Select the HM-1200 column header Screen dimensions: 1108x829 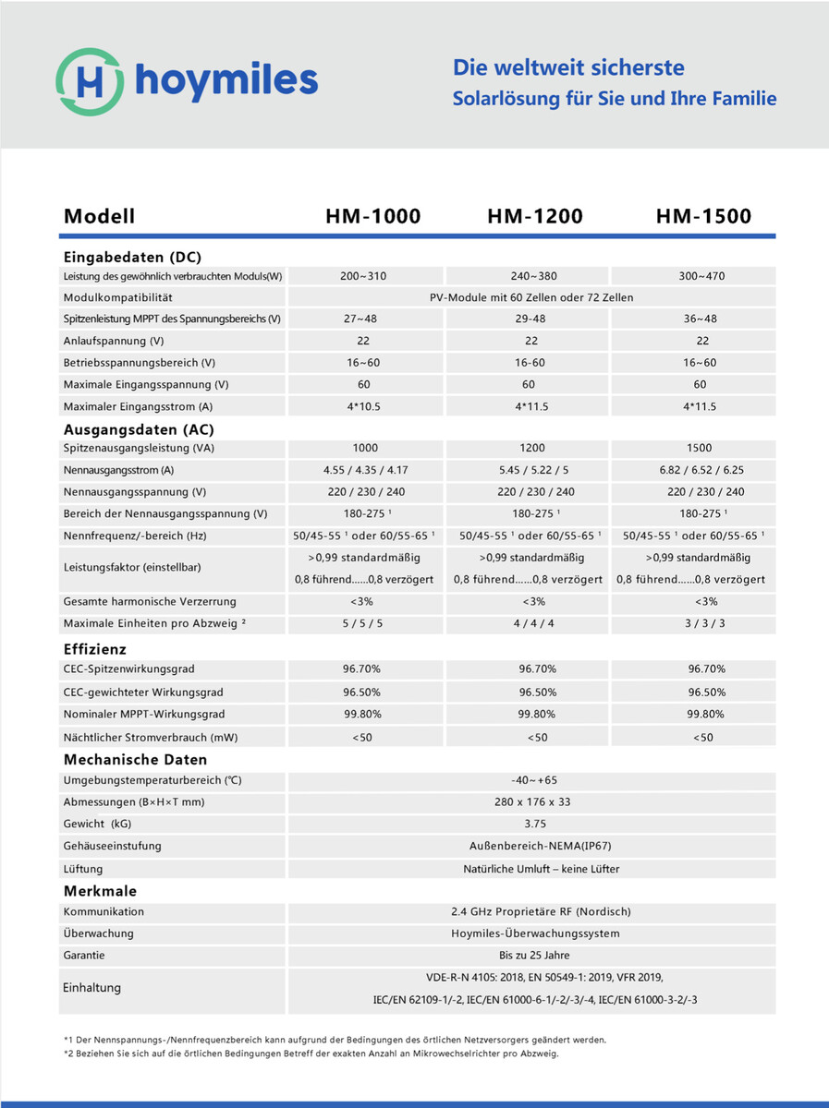535,217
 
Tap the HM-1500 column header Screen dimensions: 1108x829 703,217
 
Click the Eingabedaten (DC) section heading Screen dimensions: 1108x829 132,257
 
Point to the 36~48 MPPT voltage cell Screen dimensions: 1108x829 700,319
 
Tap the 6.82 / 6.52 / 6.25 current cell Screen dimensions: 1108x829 700,470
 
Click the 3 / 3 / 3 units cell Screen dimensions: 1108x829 700,623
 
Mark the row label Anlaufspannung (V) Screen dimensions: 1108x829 115,341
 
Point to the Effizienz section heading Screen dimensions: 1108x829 95,649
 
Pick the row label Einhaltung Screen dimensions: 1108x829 92,988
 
